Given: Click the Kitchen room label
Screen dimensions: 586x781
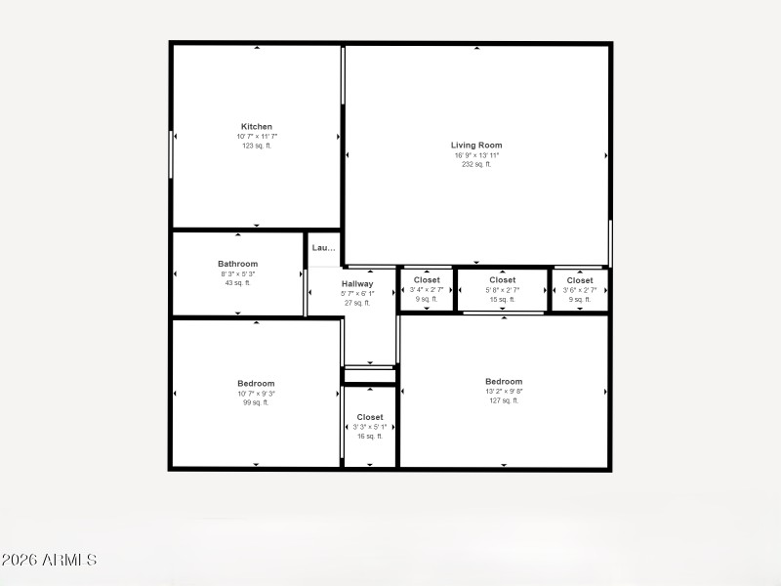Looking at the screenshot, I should point(257,127).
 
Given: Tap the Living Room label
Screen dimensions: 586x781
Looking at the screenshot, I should point(476,146).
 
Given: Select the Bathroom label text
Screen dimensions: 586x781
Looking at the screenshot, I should point(237,264).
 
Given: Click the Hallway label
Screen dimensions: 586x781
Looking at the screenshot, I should point(357,283).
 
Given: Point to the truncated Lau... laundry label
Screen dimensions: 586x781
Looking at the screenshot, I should point(323,248).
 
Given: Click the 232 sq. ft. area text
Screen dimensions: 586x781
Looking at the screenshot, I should point(476,164).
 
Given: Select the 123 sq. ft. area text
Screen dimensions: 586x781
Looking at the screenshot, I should point(257,146).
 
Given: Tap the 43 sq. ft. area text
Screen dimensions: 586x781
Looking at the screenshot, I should point(237,282).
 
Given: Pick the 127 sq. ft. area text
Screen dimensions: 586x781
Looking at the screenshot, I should point(504,400).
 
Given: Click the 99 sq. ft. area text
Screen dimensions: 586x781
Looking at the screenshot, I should point(256,402).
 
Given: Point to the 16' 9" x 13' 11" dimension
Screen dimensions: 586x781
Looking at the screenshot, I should point(476,155).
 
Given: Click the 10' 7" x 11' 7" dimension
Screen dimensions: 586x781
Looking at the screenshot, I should point(257,137).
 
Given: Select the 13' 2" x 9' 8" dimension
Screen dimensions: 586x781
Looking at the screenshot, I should point(504,392).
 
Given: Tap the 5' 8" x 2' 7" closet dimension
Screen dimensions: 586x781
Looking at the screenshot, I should point(503,290).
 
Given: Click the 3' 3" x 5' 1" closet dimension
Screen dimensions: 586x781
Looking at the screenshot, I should point(370,427).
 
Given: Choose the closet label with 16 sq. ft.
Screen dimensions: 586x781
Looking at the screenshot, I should point(370,417).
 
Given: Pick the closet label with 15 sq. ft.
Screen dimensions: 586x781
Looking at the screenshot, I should point(503,280).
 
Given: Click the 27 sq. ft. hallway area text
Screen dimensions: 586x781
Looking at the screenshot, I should point(357,303).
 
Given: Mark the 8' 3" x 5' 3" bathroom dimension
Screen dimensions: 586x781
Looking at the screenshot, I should point(237,273).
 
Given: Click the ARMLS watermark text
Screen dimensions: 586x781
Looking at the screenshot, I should point(49,561).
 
